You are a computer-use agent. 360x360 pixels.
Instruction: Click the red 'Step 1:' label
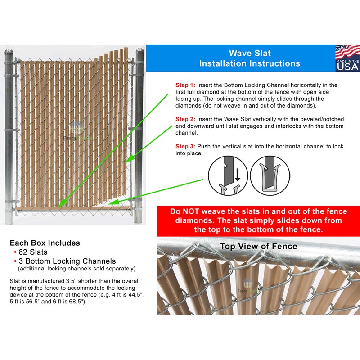click(x=185, y=85)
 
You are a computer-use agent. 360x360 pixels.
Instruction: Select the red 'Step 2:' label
click(x=185, y=119)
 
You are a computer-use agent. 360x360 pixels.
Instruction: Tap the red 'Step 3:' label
click(x=185, y=147)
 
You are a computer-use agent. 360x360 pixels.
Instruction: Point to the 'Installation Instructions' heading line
click(x=250, y=63)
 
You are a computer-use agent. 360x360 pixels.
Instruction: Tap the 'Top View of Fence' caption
click(x=258, y=246)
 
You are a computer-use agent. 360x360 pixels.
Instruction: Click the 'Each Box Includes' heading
click(x=45, y=243)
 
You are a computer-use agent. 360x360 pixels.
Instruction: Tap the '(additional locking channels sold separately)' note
click(x=76, y=269)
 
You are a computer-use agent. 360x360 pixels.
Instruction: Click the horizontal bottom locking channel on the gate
click(x=72, y=208)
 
